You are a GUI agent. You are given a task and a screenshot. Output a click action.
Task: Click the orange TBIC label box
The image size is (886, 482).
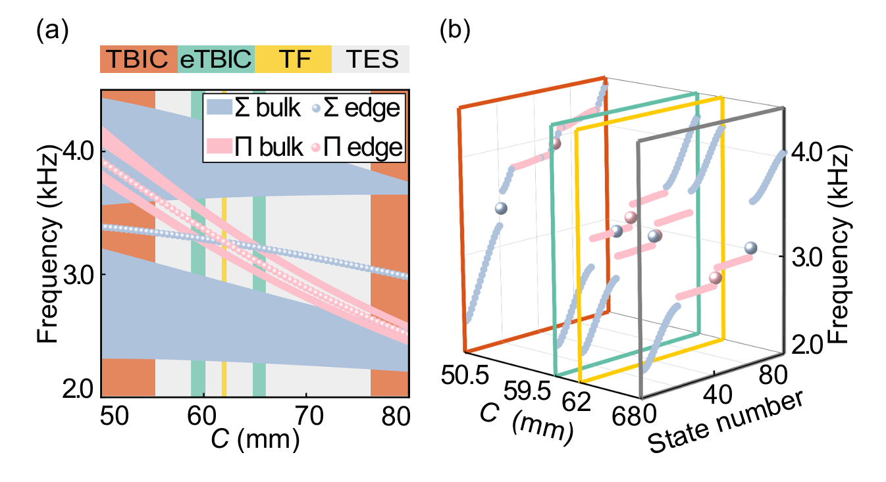139,59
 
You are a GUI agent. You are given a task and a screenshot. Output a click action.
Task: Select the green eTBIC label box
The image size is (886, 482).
216,59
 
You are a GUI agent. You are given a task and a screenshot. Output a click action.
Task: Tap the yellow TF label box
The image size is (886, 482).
293,59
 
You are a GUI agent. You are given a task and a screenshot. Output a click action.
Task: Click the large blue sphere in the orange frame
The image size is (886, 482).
502,208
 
